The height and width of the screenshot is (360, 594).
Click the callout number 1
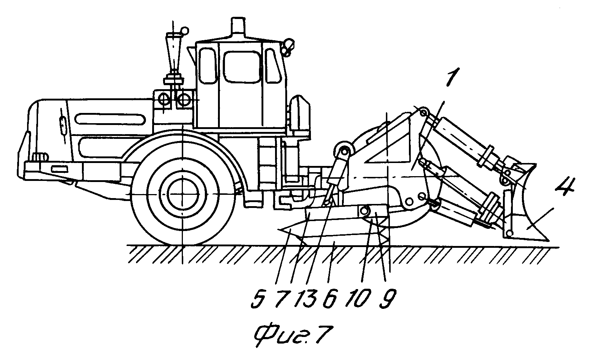[453, 77]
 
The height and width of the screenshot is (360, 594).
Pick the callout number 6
[330, 299]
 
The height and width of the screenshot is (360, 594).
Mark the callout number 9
[388, 299]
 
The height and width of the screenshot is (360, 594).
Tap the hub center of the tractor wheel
[183, 194]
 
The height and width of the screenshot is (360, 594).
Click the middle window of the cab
[241, 67]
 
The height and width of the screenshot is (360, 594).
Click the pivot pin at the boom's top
[424, 112]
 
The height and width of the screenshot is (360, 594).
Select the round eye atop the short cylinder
[344, 151]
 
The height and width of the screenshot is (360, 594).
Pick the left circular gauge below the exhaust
[163, 99]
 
